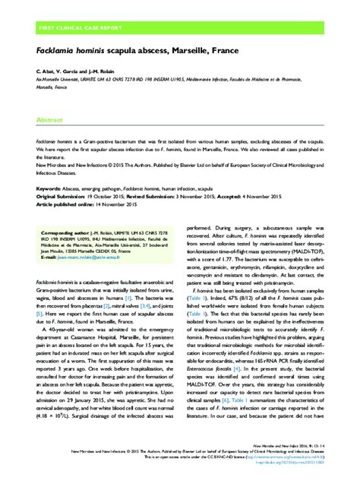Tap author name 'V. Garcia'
click(x=70, y=71)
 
